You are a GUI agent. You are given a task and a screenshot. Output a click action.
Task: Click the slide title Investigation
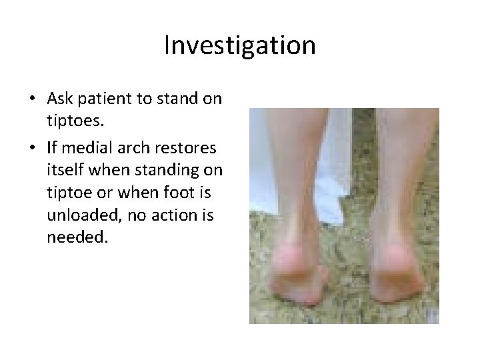point(239,46)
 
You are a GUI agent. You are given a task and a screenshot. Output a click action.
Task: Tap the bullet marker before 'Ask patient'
point(32,99)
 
